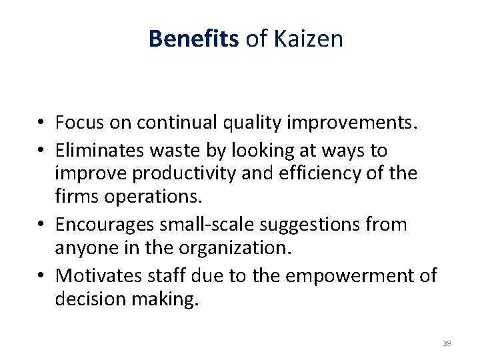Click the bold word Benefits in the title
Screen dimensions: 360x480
193,39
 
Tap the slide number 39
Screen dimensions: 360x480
447,343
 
